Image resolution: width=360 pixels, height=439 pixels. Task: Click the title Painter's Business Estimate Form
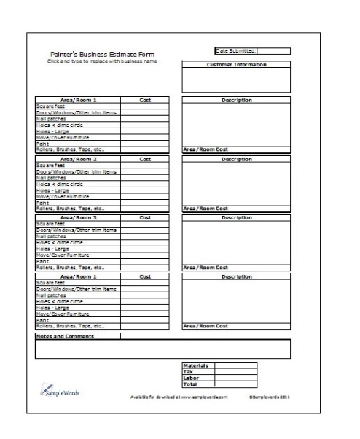(x=101, y=54)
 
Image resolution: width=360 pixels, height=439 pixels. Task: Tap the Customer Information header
(x=236, y=65)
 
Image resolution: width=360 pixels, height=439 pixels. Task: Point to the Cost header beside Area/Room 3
(x=145, y=217)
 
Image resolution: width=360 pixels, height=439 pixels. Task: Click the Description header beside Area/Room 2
(x=236, y=158)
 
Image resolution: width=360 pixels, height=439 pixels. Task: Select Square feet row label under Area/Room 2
(x=51, y=164)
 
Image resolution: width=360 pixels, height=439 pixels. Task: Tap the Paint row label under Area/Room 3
(x=43, y=261)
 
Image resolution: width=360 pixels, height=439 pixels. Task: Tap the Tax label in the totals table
(x=187, y=372)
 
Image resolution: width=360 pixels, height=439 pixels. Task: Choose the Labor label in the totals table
(x=190, y=378)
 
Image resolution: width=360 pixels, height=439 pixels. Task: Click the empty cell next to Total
(x=235, y=384)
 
